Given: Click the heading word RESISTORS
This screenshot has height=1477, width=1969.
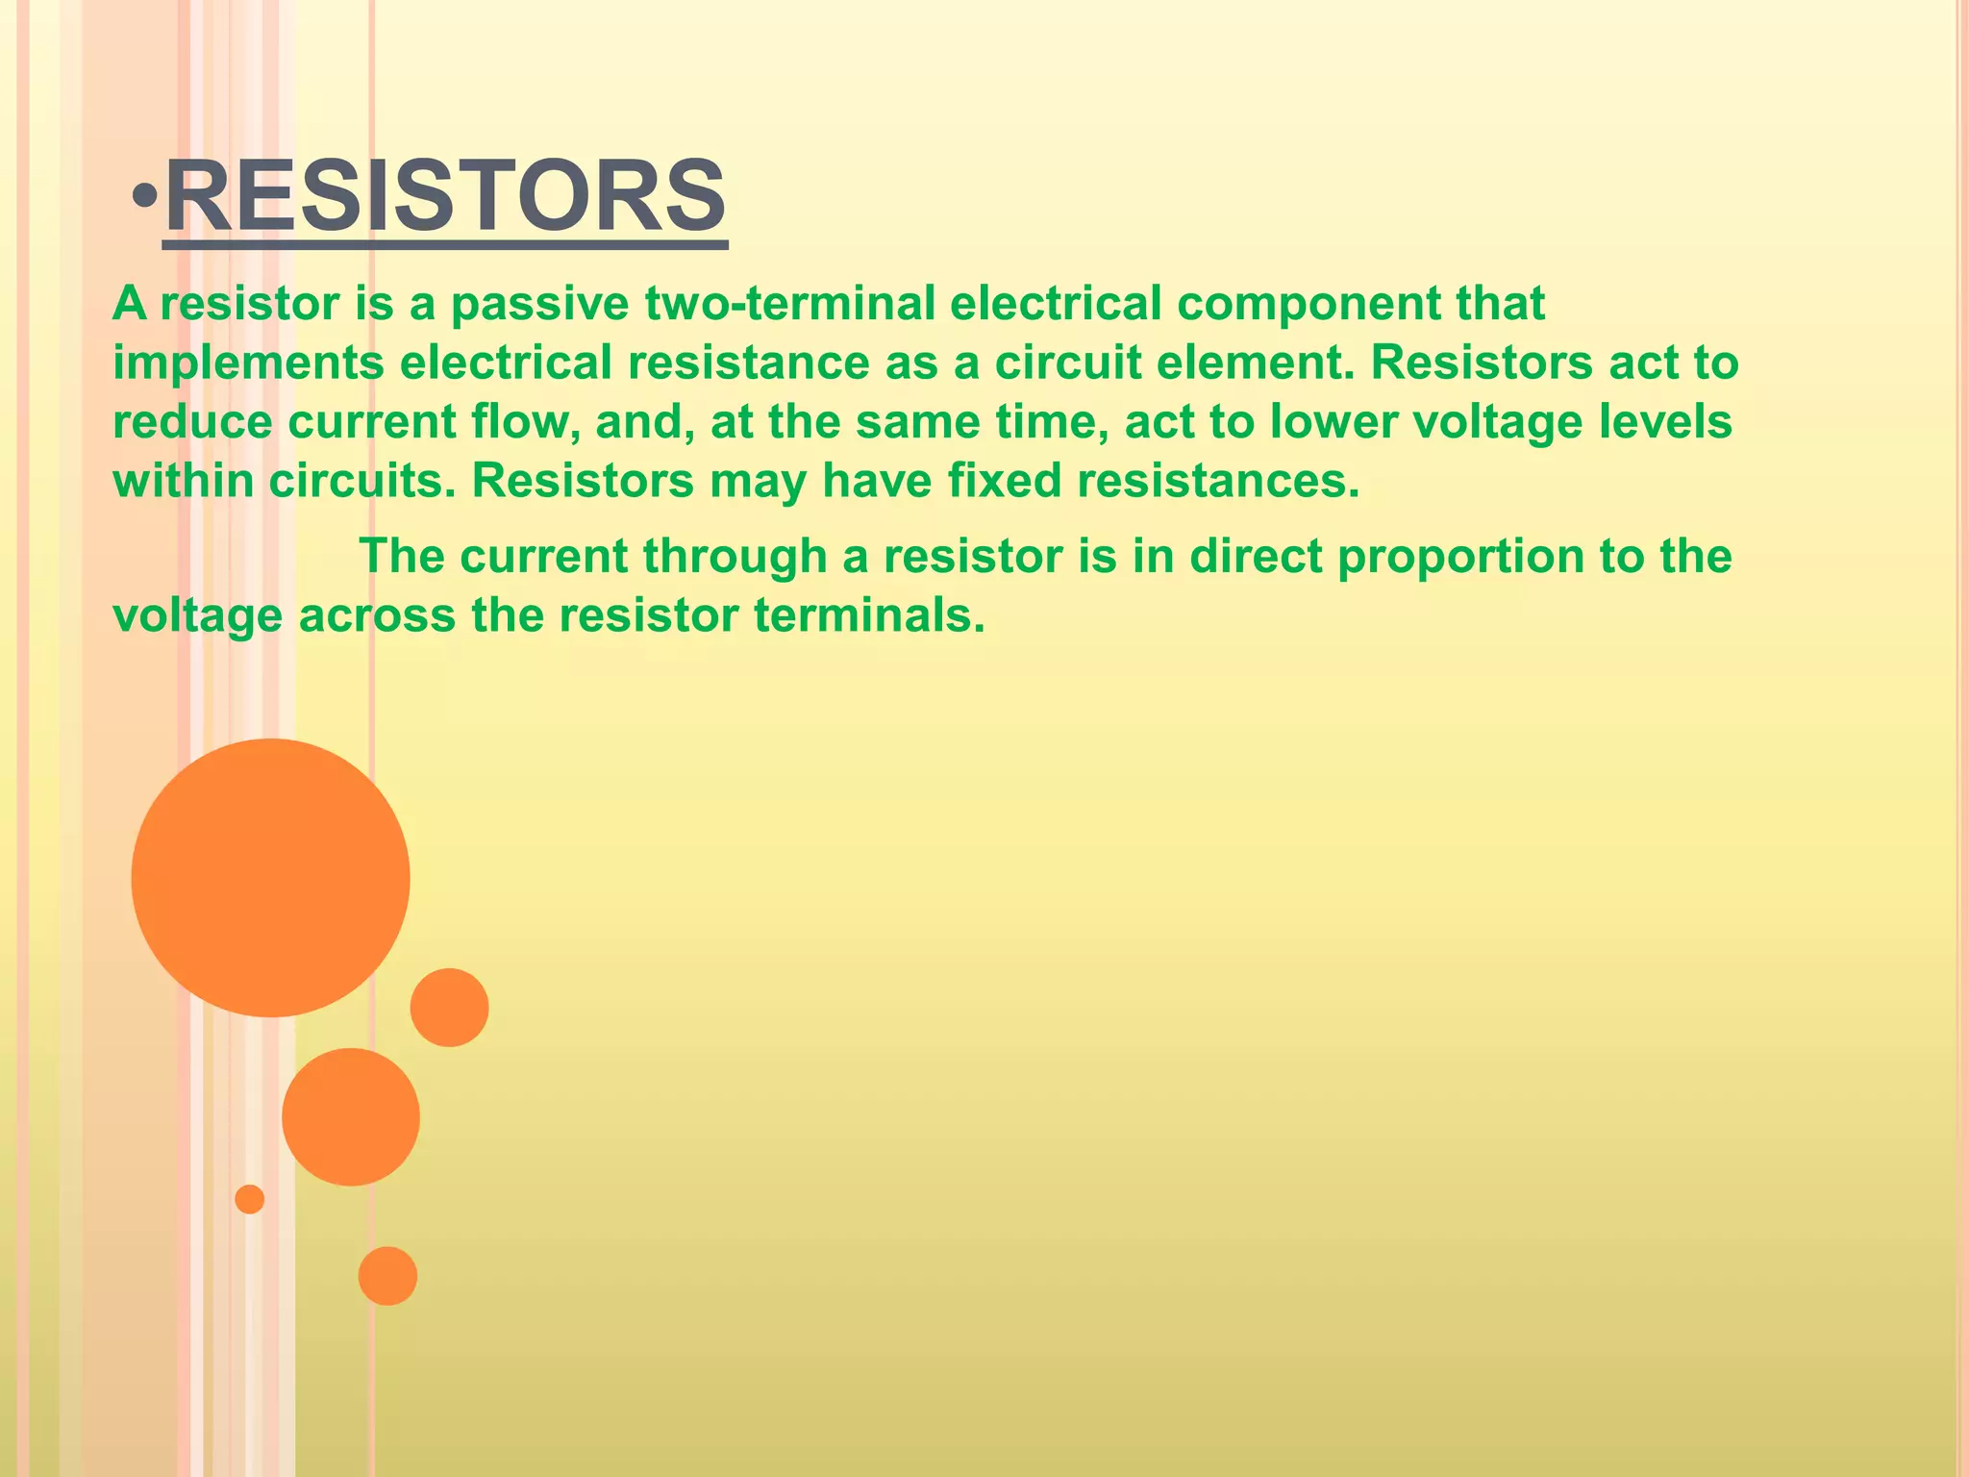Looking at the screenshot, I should [x=445, y=197].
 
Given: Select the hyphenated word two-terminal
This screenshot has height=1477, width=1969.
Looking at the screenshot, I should [x=789, y=304].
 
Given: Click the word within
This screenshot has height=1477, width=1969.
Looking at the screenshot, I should [x=183, y=481].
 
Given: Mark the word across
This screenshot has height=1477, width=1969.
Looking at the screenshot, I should [x=377, y=616].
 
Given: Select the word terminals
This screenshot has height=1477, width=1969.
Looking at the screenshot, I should [x=869, y=616].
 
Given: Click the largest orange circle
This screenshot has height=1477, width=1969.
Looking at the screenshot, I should [x=270, y=877].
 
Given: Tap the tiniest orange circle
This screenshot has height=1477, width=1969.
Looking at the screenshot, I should [x=250, y=1199].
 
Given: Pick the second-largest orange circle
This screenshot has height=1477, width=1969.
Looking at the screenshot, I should [x=351, y=1116].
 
